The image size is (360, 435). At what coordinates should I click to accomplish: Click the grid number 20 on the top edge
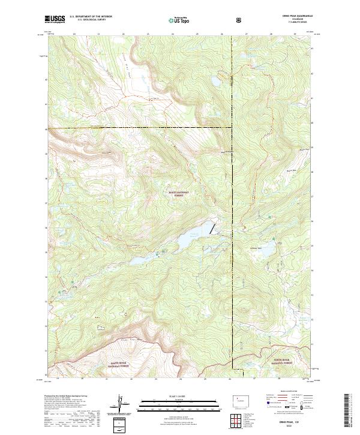pos(74,34)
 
